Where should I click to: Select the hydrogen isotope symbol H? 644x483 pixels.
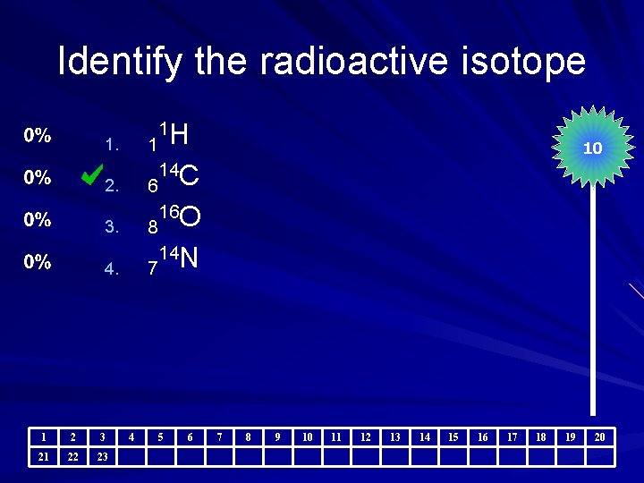tap(178, 136)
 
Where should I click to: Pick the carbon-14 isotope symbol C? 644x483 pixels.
tap(189, 177)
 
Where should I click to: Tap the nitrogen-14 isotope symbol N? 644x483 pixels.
tap(188, 259)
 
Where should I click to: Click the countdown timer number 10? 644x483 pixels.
tap(592, 149)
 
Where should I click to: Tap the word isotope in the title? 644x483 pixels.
tap(535, 62)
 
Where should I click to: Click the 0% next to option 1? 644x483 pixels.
tap(37, 136)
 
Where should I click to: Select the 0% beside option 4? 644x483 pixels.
tap(37, 262)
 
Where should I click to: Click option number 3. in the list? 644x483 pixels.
tap(111, 227)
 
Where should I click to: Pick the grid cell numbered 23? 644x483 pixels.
tap(102, 456)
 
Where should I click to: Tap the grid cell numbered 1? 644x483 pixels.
tap(43, 436)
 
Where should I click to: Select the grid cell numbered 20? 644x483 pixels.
tap(600, 436)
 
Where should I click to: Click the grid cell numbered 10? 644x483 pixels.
tap(307, 436)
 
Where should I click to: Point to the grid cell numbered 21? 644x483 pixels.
tap(43, 456)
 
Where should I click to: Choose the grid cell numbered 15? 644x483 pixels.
tap(453, 436)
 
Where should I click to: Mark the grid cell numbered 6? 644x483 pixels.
tap(190, 436)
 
